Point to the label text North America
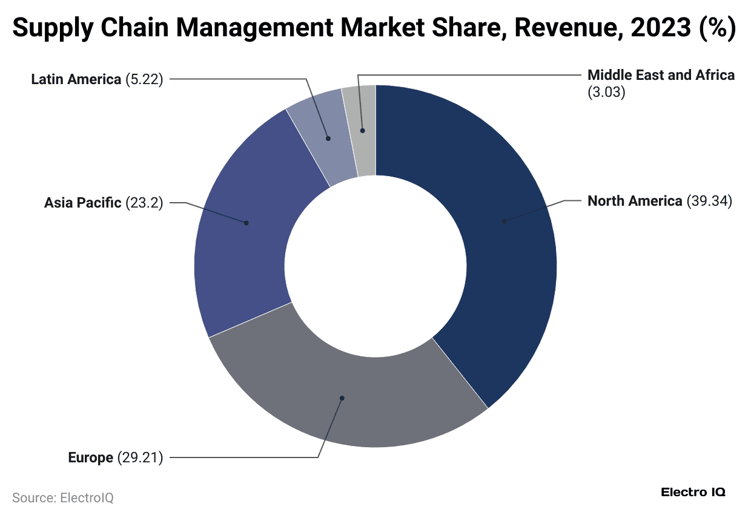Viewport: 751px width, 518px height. point(635,201)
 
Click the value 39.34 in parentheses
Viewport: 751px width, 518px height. point(709,201)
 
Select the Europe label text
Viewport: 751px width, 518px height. point(90,457)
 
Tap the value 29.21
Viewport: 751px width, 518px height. point(140,457)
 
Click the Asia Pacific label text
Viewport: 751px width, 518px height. point(82,203)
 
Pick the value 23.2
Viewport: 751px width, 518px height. point(144,203)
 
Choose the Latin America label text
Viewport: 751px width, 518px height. point(76,79)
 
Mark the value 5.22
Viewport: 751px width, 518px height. point(144,79)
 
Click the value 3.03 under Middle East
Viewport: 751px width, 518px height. point(606,93)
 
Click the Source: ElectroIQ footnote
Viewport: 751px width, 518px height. point(63,498)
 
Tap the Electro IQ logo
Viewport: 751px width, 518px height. point(693,492)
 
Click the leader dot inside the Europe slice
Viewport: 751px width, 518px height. point(342,398)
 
